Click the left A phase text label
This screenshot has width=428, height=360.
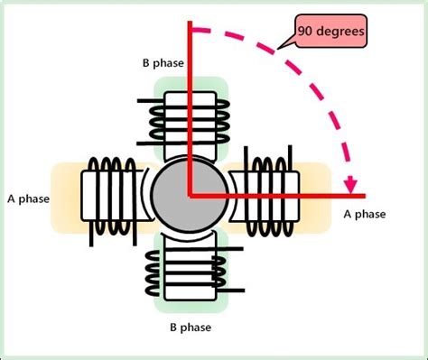click(28, 198)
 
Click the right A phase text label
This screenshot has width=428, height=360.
click(365, 214)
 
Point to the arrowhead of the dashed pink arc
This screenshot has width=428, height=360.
click(349, 184)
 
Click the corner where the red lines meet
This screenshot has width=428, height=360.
click(191, 194)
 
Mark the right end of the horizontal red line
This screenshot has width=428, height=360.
click(362, 194)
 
